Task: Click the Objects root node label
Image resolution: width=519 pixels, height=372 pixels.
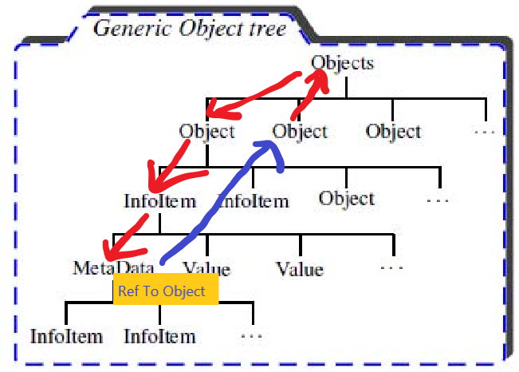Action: (342, 63)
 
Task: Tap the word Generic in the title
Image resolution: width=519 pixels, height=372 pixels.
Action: (133, 28)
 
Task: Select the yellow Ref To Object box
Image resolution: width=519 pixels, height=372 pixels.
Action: (166, 289)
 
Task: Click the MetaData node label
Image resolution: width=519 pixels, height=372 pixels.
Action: (112, 267)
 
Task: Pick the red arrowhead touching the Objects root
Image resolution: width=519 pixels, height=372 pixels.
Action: (318, 81)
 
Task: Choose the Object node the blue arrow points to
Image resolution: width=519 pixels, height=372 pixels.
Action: (300, 131)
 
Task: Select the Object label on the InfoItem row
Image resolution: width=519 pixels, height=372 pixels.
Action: (347, 199)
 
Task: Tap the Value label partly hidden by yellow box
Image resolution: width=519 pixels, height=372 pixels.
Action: (206, 267)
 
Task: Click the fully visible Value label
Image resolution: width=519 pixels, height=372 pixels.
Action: (300, 269)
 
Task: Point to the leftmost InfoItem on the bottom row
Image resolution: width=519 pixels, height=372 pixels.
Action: (66, 337)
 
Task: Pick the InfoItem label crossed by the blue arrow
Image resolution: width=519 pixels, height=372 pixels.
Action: (254, 201)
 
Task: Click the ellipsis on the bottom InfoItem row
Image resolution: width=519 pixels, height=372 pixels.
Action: (252, 336)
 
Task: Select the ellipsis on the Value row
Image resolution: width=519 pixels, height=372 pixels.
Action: (392, 267)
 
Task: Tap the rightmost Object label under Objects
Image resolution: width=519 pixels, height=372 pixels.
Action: (393, 131)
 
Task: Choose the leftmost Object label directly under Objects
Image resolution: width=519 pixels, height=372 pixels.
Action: (206, 131)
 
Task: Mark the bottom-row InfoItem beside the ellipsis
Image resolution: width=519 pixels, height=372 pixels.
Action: (160, 337)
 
